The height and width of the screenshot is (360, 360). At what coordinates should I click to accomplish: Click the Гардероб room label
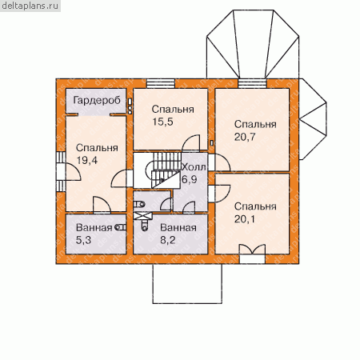(97, 101)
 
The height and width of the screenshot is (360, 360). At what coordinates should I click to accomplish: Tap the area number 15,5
(162, 122)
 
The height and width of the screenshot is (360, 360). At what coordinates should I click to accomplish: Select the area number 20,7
(245, 137)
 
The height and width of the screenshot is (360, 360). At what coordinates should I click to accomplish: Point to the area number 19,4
(87, 160)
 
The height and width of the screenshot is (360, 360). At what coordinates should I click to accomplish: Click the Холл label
(194, 167)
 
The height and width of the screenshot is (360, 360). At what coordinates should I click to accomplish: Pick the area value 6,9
(190, 179)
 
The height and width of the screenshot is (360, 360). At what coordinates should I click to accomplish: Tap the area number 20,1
(245, 219)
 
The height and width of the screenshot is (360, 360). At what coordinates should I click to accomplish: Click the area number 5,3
(83, 240)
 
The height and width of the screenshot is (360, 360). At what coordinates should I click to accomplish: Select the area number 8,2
(168, 240)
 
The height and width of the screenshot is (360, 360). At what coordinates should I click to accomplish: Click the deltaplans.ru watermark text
(30, 6)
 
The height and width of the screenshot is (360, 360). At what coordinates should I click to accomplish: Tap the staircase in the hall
(163, 170)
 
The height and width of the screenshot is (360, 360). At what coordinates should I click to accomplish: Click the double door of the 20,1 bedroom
(252, 250)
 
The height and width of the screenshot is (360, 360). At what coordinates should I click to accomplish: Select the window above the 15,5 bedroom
(161, 83)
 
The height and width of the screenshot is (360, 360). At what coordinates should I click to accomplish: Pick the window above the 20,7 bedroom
(252, 83)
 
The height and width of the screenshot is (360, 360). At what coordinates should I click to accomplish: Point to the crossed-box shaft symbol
(142, 216)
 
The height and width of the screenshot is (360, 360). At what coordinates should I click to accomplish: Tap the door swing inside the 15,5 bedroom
(190, 143)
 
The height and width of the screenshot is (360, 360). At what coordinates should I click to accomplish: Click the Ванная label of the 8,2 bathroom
(178, 228)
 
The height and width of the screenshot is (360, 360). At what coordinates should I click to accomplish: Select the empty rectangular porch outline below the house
(187, 284)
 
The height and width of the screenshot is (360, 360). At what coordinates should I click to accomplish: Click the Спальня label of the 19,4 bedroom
(97, 148)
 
